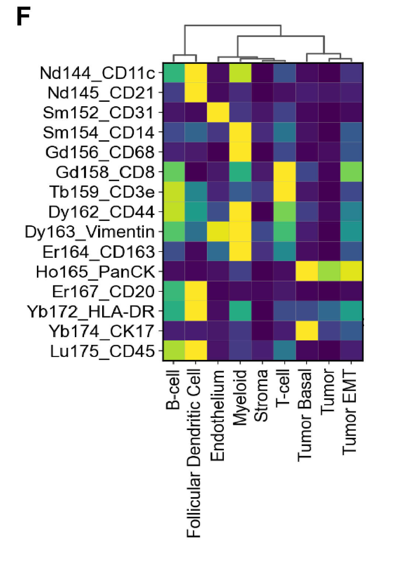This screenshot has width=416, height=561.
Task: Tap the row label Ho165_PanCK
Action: pyautogui.click(x=96, y=272)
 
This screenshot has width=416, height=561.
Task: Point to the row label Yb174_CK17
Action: pyautogui.click(x=101, y=331)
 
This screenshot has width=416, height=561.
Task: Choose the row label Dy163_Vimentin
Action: pyautogui.click(x=90, y=232)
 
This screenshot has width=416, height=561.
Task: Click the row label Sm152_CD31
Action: pyautogui.click(x=98, y=112)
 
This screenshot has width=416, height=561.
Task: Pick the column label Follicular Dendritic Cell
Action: pyautogui.click(x=194, y=454)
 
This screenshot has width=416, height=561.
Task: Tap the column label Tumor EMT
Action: pyautogui.click(x=350, y=413)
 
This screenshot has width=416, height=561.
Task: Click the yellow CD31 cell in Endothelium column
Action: pyautogui.click(x=218, y=112)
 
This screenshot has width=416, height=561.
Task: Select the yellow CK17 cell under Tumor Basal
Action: pyautogui.click(x=307, y=331)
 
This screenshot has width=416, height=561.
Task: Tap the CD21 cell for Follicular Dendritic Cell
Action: pyautogui.click(x=196, y=93)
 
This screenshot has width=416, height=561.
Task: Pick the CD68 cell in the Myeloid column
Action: pyautogui.click(x=240, y=152)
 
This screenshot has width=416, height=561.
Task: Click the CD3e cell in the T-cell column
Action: pyautogui.click(x=284, y=192)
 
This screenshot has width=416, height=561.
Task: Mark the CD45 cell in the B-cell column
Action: pyautogui.click(x=174, y=350)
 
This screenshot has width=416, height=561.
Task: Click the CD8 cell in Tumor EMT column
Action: pyautogui.click(x=351, y=172)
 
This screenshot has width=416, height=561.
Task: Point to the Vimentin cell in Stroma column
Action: pyautogui.click(x=262, y=232)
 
